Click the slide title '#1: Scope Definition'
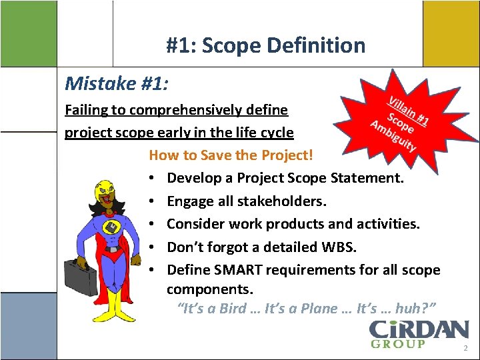click(265, 45)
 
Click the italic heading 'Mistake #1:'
click(116, 84)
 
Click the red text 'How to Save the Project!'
click(230, 155)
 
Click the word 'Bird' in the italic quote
click(242, 309)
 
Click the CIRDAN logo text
click(419, 329)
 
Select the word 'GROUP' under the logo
click(398, 344)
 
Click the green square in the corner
click(27, 33)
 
